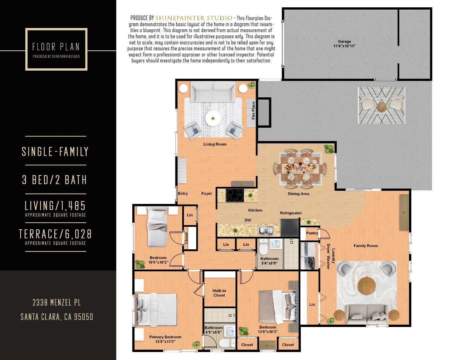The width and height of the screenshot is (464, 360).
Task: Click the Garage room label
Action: point(344,42)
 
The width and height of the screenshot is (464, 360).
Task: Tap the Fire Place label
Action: point(253,110)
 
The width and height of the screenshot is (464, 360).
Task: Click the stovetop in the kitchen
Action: point(235,195)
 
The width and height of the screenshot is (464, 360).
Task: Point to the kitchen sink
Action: point(266,230)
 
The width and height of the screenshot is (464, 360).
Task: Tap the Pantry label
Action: point(312,233)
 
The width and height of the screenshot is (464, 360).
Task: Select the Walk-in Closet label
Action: point(219,293)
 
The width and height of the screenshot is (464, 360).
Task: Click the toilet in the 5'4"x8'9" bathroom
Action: point(263,247)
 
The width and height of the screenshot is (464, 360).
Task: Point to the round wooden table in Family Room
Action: point(367,285)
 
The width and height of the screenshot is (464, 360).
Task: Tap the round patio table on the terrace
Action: point(382,107)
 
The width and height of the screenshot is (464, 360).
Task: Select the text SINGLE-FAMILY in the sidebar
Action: point(55,151)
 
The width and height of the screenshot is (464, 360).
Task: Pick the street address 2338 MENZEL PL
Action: point(56,303)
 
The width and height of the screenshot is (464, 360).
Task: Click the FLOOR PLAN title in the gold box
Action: point(56,47)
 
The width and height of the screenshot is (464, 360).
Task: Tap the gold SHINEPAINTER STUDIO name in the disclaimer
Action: point(194,18)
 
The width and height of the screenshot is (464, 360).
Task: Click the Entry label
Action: point(183,194)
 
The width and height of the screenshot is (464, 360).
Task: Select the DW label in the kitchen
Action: point(248,220)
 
